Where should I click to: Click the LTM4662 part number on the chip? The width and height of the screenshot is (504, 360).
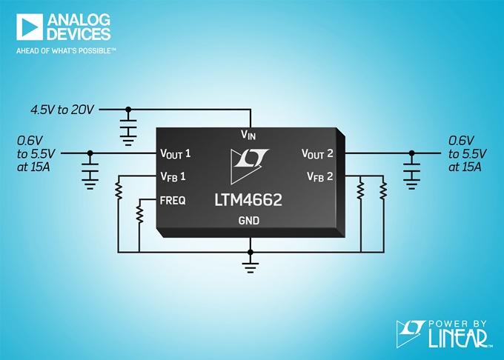pos(248,200)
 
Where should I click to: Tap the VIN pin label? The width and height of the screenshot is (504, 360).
pos(248,135)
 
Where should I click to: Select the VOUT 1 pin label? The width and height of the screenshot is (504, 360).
pos(176,154)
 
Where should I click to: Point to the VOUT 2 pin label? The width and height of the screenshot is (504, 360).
pos(317,154)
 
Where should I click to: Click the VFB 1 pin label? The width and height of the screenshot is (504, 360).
pos(173,176)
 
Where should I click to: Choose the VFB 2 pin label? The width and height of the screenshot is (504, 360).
pos(320,176)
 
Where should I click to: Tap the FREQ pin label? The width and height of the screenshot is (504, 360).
pos(173,201)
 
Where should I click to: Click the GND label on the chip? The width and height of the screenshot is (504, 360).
pos(249,221)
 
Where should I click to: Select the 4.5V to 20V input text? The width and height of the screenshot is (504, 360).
pos(62,110)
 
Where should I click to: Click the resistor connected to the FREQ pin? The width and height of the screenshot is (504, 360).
pos(139,213)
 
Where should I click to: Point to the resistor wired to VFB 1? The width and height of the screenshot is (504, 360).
pos(119,191)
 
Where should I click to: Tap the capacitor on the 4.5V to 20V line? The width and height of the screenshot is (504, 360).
pos(128,128)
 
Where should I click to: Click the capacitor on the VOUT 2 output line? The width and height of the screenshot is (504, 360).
pos(412,172)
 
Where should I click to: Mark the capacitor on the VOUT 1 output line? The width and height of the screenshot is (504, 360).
pos(90,172)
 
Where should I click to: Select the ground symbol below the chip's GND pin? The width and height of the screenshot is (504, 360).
pos(251,267)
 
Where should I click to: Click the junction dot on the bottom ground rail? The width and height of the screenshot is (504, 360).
pos(251,253)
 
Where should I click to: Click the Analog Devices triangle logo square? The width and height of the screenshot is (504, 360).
pos(29,27)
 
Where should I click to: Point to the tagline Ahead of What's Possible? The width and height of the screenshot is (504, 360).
pos(66,50)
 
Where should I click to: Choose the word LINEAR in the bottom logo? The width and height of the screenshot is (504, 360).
pos(459,339)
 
